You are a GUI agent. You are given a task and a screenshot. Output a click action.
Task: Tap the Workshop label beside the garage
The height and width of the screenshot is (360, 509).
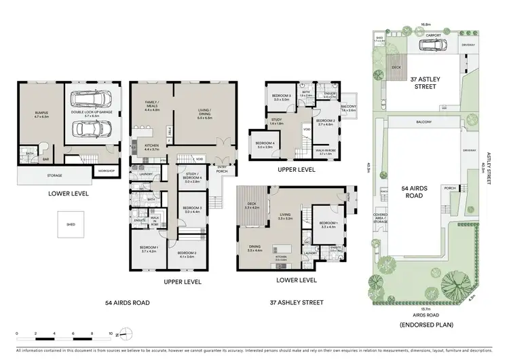(106, 170)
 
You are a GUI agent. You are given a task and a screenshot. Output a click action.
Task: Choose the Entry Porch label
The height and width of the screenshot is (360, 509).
(221, 169)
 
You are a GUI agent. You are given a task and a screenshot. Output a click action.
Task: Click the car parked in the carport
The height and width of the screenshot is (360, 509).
(433, 47)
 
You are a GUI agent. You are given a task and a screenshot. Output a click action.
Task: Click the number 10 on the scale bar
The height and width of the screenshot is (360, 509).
(110, 334)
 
